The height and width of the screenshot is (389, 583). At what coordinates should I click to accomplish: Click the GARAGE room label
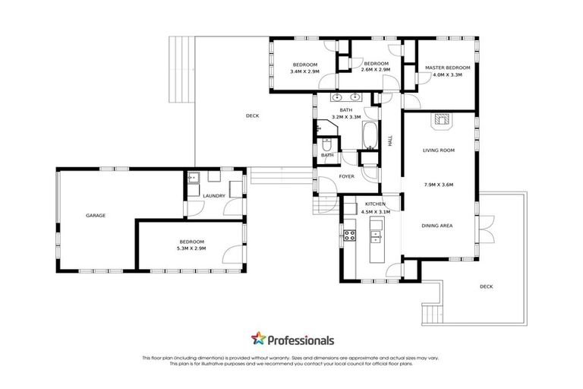(x=96, y=215)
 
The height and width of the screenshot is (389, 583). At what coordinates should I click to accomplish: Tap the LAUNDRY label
(x=214, y=197)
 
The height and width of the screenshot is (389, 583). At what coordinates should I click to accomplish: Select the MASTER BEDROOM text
(x=447, y=68)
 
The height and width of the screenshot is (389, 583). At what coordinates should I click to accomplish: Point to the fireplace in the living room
(x=440, y=119)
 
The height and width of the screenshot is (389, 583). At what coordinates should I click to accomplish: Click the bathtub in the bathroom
(x=370, y=135)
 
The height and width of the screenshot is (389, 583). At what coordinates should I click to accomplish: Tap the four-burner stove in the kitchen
(x=351, y=235)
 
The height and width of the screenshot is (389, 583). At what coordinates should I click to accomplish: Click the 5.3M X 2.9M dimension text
(x=191, y=248)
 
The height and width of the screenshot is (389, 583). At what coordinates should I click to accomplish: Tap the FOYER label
(x=347, y=176)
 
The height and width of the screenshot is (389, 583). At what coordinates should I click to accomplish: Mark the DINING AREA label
(x=438, y=226)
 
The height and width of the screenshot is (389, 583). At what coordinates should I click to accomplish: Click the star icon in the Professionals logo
(x=257, y=340)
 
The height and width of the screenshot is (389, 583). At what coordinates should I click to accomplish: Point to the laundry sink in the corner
(x=193, y=179)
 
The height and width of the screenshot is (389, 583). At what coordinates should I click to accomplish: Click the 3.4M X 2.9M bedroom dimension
(x=305, y=71)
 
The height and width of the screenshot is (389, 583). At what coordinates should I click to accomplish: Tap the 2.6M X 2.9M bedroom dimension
(x=376, y=70)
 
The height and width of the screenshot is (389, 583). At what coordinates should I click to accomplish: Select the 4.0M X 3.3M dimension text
(x=447, y=74)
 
